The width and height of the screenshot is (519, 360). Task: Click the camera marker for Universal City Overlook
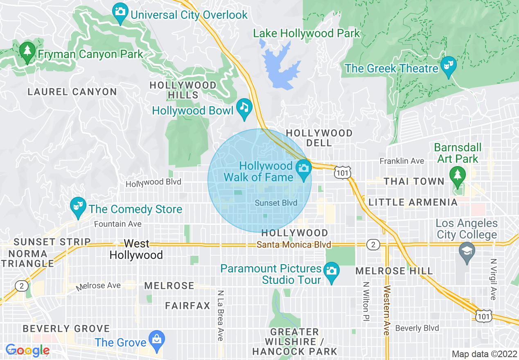point(120,11)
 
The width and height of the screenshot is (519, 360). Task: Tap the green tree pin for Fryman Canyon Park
point(27,52)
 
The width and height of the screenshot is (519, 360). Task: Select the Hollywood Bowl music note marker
point(244,108)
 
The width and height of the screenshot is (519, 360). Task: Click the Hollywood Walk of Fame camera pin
point(303,169)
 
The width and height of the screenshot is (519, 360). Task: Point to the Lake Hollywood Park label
point(306,33)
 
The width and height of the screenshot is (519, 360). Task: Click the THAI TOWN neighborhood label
point(413,181)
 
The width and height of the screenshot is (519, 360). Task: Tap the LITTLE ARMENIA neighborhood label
point(413,202)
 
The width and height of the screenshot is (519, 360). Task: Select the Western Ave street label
point(386,310)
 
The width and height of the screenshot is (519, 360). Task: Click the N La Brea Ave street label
point(220,315)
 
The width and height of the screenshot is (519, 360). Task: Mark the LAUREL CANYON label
point(72,92)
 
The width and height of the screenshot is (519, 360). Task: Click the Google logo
point(27,350)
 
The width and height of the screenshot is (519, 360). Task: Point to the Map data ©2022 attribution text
point(483,354)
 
